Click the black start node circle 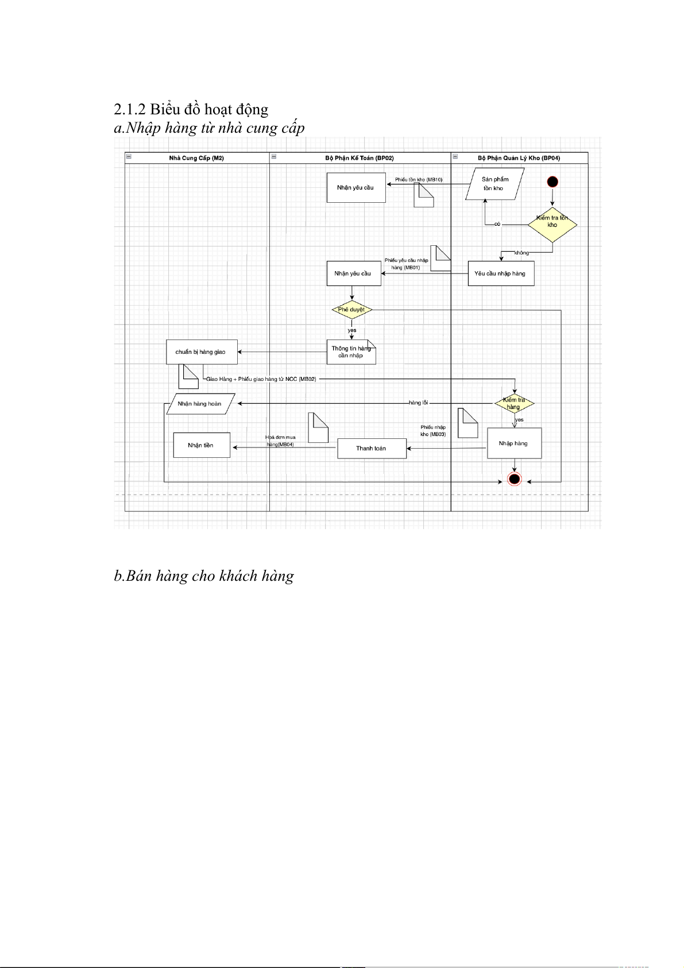tap(552, 182)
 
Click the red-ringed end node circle tap(514, 479)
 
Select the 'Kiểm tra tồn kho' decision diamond tap(552, 224)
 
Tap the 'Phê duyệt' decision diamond tap(351, 310)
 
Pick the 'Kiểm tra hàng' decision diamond tap(514, 403)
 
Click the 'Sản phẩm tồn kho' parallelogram tap(494, 184)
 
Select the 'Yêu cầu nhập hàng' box tap(500, 273)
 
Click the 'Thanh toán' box tap(372, 448)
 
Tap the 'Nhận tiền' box tap(201, 445)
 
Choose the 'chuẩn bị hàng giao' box tap(202, 352)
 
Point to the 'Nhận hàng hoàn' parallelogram tap(200, 404)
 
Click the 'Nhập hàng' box tap(514, 443)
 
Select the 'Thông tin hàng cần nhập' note tap(351, 352)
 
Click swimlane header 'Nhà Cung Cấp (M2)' tap(196, 158)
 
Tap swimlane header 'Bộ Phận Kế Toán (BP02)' tap(360, 158)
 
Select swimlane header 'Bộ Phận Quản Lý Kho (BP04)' tap(519, 158)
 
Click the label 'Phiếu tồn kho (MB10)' tap(419, 180)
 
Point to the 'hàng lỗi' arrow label tap(418, 403)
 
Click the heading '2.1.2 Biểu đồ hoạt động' tap(191, 109)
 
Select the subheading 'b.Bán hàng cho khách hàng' tap(204, 576)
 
